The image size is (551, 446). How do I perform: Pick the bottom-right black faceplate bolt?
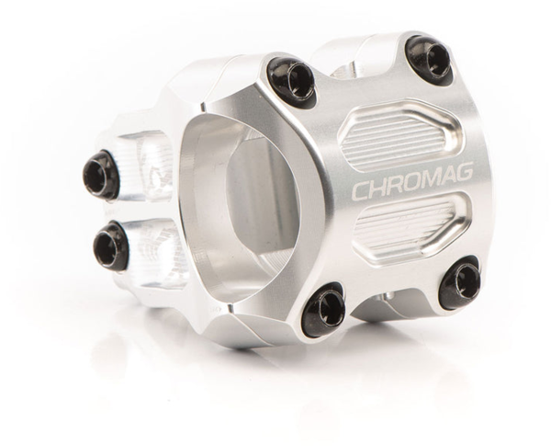[460, 282]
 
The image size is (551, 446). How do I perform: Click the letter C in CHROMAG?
[361, 189]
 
